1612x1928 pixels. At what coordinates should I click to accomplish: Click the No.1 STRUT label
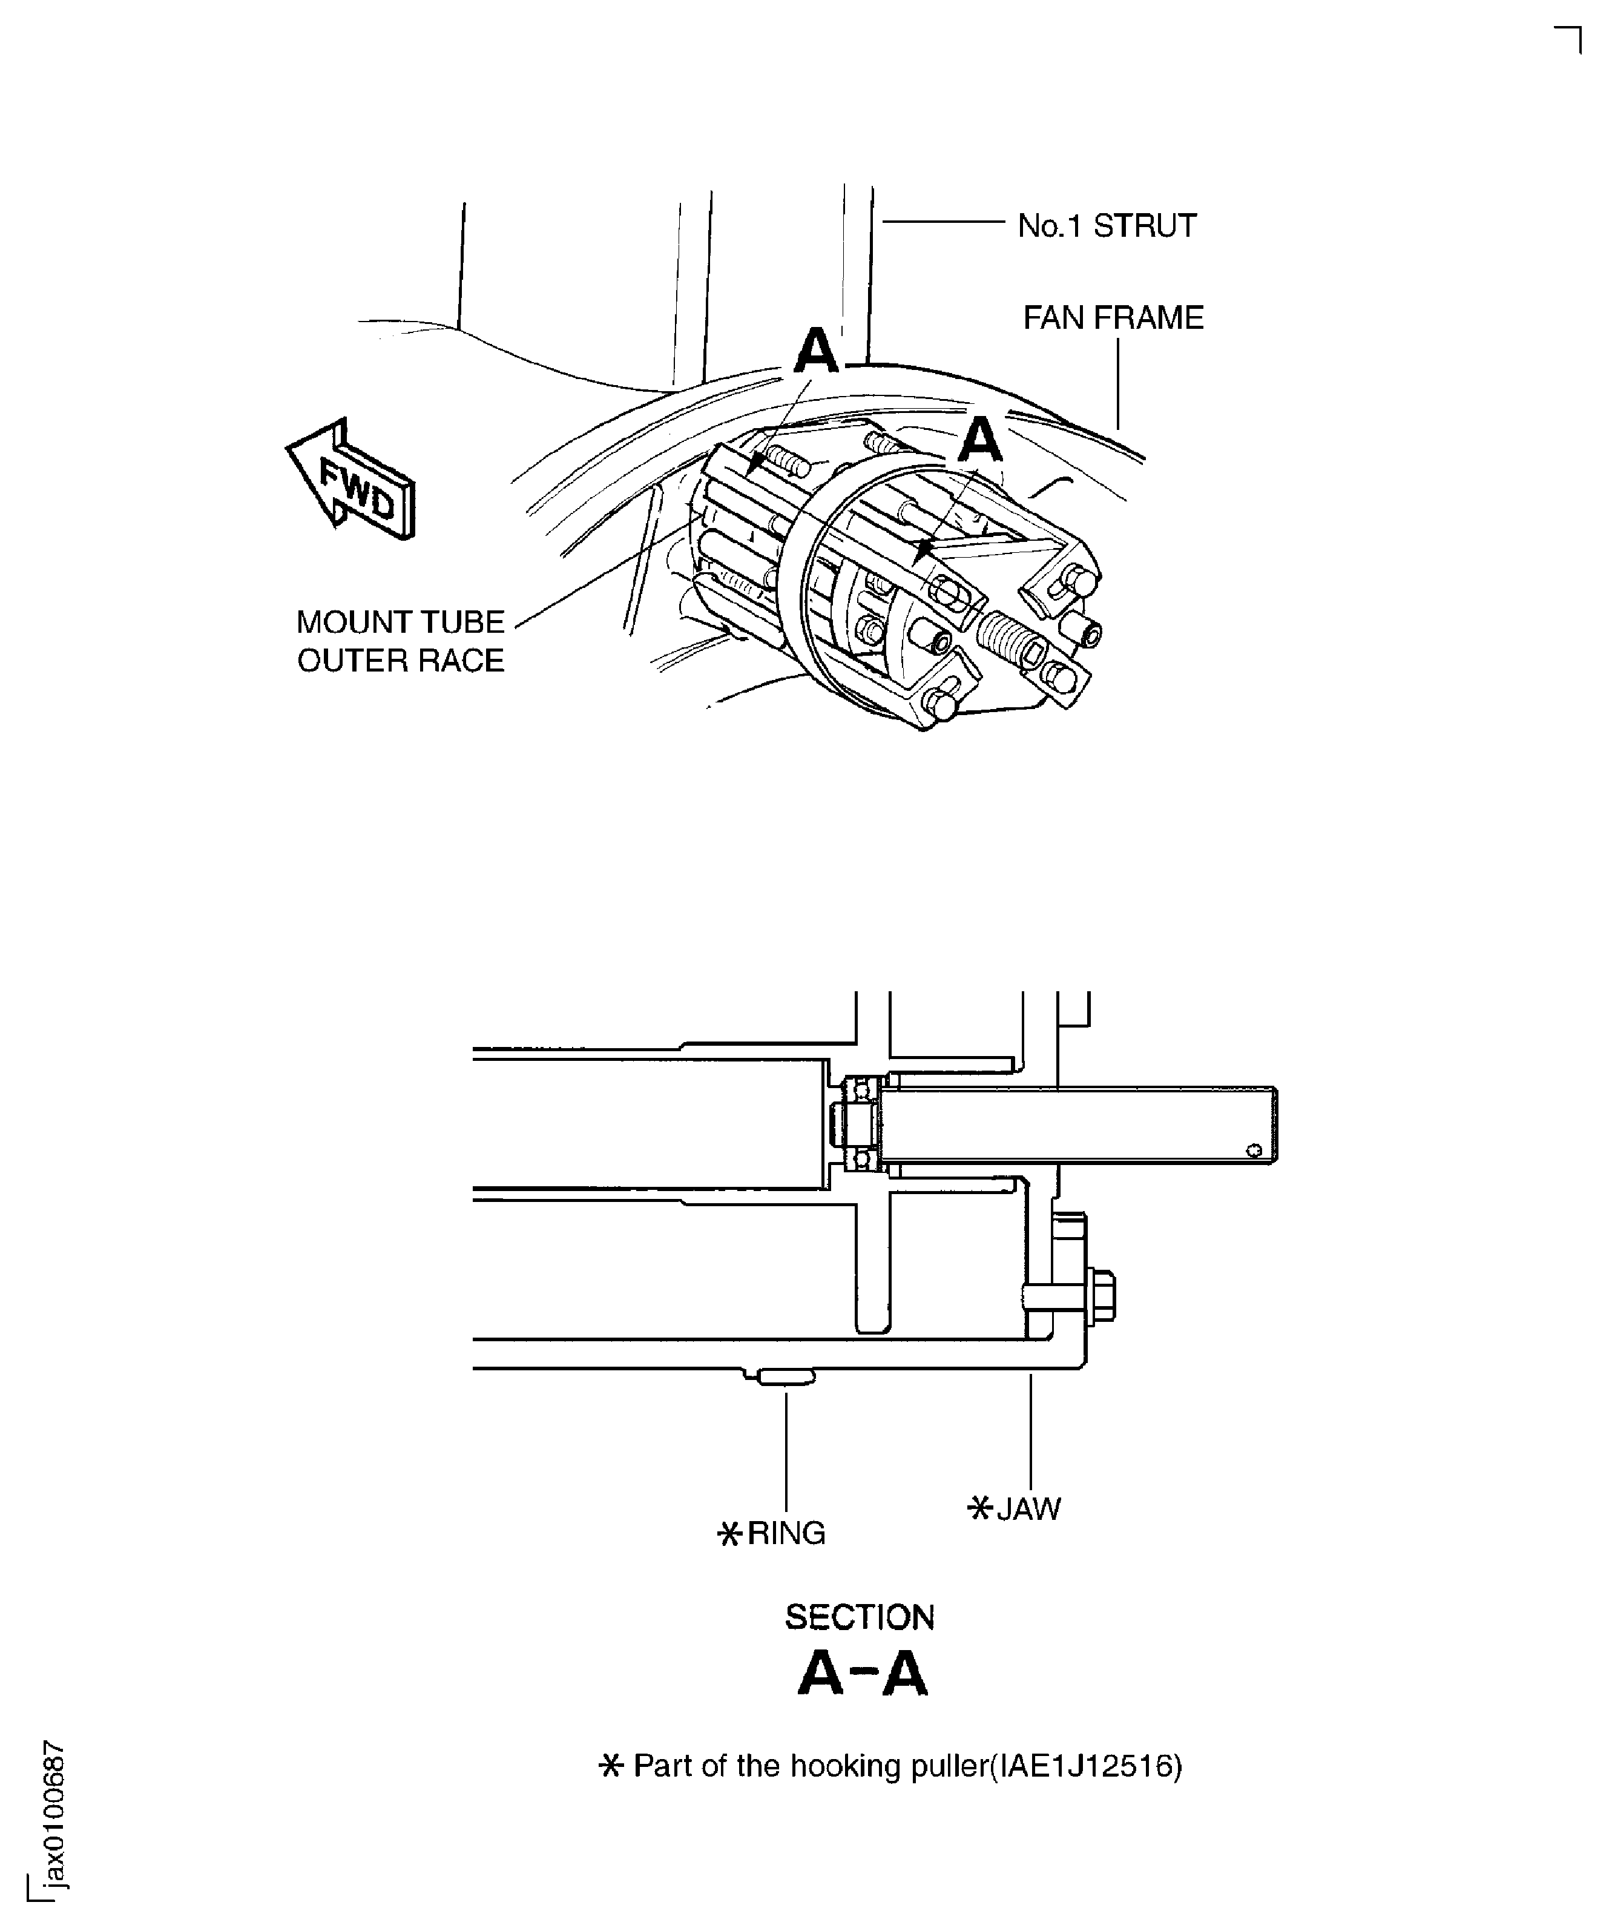1107,226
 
